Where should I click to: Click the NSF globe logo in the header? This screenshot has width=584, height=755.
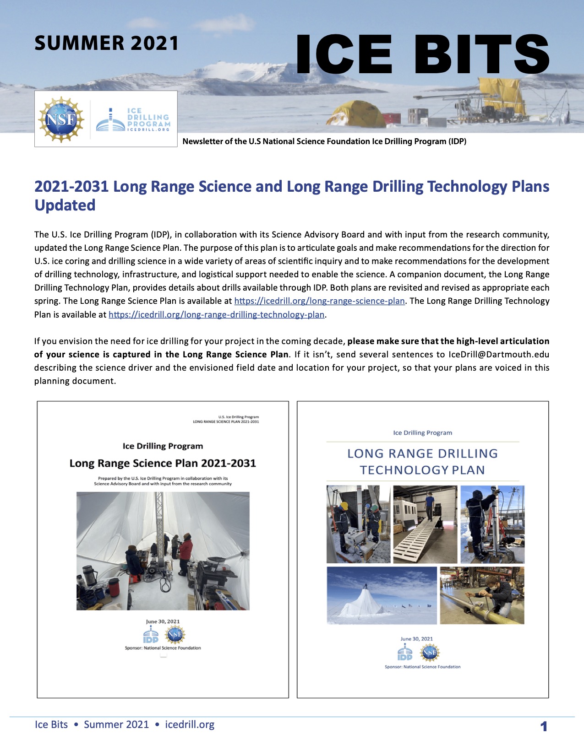(x=61, y=119)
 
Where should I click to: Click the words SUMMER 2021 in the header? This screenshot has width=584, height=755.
(x=106, y=43)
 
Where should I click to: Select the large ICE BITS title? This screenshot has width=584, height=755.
(x=422, y=54)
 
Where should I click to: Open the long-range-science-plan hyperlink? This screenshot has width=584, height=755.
(x=319, y=301)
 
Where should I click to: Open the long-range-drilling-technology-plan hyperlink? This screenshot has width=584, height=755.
(x=216, y=315)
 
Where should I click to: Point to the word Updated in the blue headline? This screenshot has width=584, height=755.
(x=65, y=205)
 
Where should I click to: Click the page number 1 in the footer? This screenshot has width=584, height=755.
(x=544, y=726)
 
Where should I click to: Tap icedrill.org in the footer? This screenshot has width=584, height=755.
(x=190, y=725)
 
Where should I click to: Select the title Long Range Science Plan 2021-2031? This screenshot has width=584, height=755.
(x=163, y=464)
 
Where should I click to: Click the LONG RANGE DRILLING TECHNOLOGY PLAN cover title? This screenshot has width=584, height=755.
(x=422, y=462)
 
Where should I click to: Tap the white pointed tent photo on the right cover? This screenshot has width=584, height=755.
(x=382, y=596)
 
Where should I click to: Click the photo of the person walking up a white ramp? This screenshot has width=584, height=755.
(x=425, y=524)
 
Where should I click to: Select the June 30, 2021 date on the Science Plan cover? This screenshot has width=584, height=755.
(x=163, y=621)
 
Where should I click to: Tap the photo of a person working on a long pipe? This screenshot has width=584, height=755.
(x=482, y=596)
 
